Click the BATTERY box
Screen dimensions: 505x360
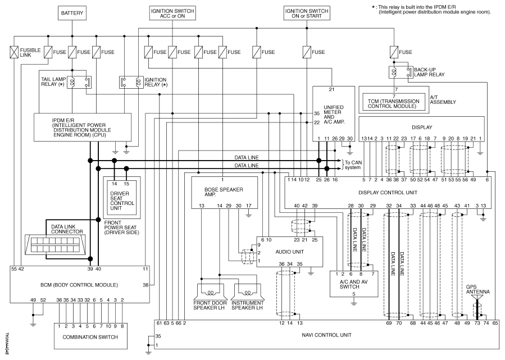[x=72, y=13]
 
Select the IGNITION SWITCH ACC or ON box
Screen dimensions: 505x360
[x=172, y=13]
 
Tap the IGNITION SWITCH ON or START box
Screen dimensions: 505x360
[x=307, y=13]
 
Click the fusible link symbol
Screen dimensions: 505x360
[x=14, y=52]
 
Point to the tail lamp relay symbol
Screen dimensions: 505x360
[x=79, y=82]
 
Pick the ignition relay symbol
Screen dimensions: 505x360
[x=131, y=82]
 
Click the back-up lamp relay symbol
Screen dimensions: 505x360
[x=401, y=72]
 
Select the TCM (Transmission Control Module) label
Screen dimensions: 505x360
[x=394, y=104]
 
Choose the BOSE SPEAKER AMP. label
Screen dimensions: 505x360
[x=224, y=192]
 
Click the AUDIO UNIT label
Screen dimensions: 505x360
[x=289, y=252]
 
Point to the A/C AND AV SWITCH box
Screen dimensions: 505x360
[x=354, y=284]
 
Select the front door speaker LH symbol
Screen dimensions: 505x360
[x=211, y=291]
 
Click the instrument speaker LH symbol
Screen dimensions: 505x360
[x=247, y=291]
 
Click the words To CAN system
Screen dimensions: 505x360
[x=353, y=165]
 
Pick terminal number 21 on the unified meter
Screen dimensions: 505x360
[x=331, y=89]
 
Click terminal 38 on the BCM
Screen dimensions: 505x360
[x=145, y=285]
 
